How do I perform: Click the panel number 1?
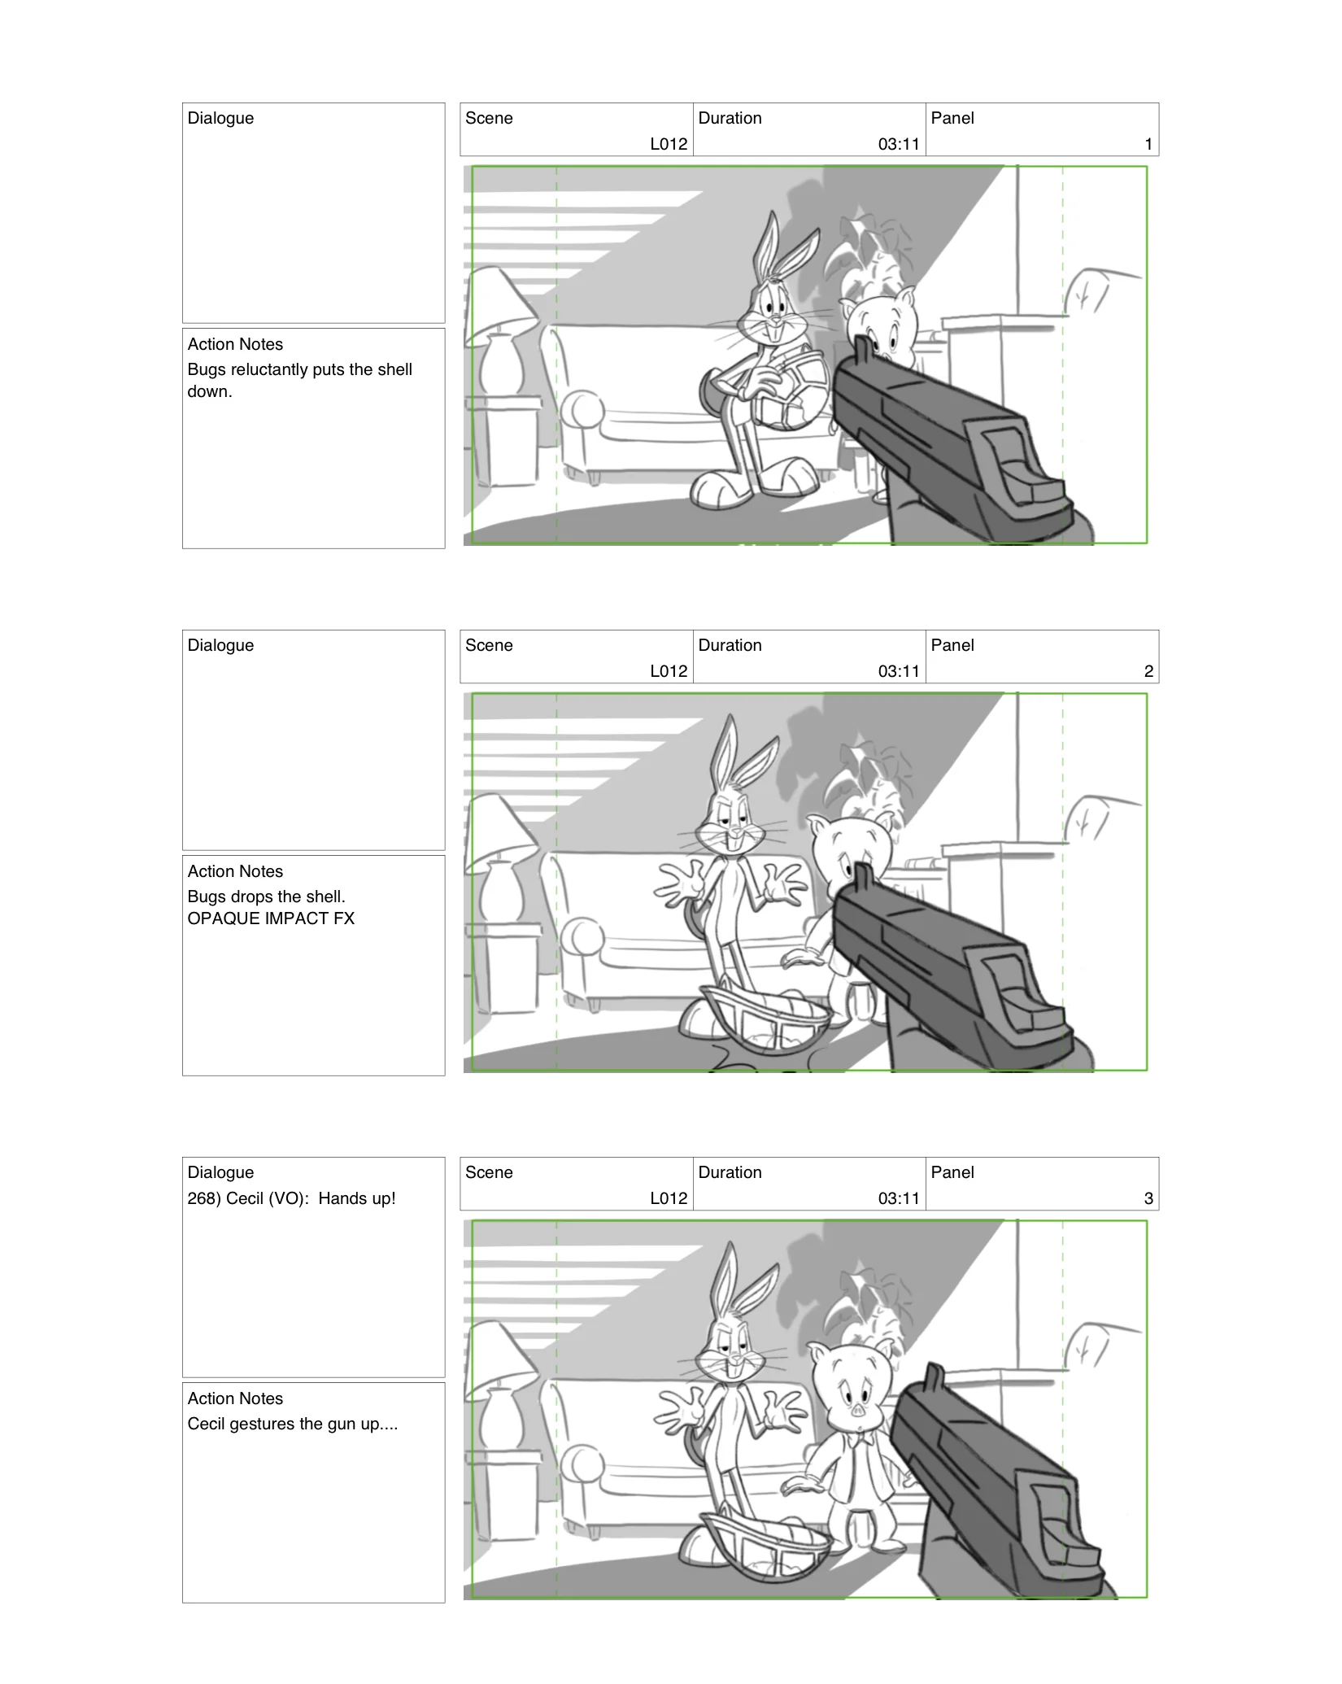click(1148, 144)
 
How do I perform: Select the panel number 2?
click(1148, 671)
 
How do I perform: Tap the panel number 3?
click(1148, 1198)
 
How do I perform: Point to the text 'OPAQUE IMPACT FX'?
click(271, 918)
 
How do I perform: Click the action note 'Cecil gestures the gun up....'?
click(292, 1424)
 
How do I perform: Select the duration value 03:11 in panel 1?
click(898, 144)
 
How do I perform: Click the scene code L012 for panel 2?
click(669, 671)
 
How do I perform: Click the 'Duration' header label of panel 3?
click(730, 1172)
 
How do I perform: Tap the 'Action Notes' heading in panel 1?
click(235, 344)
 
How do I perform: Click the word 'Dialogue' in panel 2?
click(220, 645)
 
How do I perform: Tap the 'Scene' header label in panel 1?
click(489, 118)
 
